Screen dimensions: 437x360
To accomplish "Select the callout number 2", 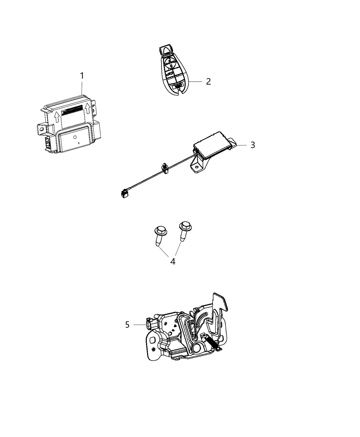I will (x=208, y=82).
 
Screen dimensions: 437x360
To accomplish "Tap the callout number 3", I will (x=252, y=145).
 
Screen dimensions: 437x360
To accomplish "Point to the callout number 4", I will (x=172, y=262).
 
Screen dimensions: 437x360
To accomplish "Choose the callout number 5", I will (x=127, y=325).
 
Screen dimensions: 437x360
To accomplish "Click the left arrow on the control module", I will (x=57, y=118).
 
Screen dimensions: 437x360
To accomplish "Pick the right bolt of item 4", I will (x=183, y=231).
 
